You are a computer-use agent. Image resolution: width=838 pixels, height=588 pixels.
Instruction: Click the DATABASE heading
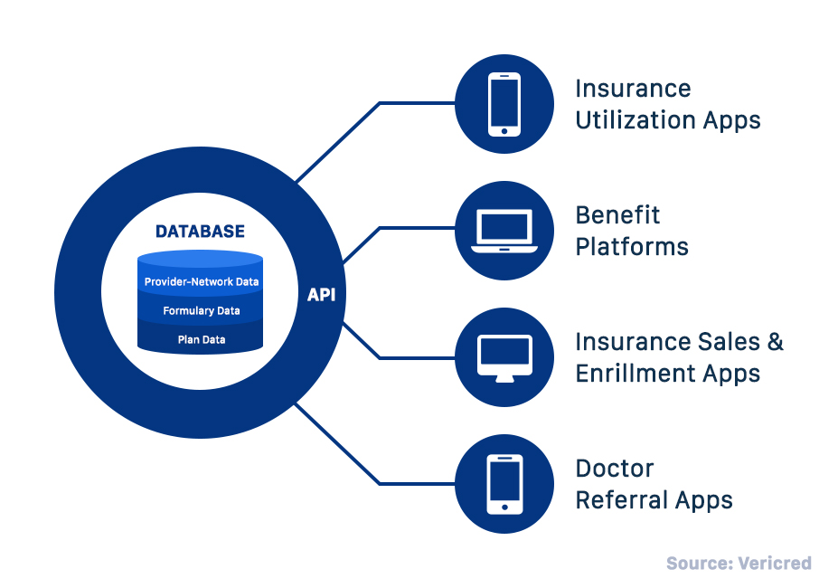(200, 232)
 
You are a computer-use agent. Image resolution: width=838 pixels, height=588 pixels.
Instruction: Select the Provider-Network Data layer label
(202, 281)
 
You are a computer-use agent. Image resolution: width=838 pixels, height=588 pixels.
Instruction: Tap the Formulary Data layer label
(202, 311)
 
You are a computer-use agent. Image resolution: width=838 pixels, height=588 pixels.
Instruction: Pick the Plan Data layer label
(202, 340)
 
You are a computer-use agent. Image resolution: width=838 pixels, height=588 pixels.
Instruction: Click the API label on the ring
(321, 295)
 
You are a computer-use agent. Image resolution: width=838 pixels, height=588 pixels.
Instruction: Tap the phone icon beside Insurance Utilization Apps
(504, 105)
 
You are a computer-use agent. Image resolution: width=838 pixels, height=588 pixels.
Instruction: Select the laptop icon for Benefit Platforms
(504, 232)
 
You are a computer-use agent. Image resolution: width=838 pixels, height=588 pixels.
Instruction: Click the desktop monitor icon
(504, 357)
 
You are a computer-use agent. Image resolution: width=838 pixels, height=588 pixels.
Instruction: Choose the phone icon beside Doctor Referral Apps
(504, 484)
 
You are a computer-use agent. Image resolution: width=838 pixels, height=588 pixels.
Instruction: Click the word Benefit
(617, 215)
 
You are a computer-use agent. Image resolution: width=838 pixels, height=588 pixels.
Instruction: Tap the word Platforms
(632, 247)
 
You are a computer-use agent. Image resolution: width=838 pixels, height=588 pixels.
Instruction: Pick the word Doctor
(614, 469)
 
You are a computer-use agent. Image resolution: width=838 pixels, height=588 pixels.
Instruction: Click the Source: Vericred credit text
(739, 564)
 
